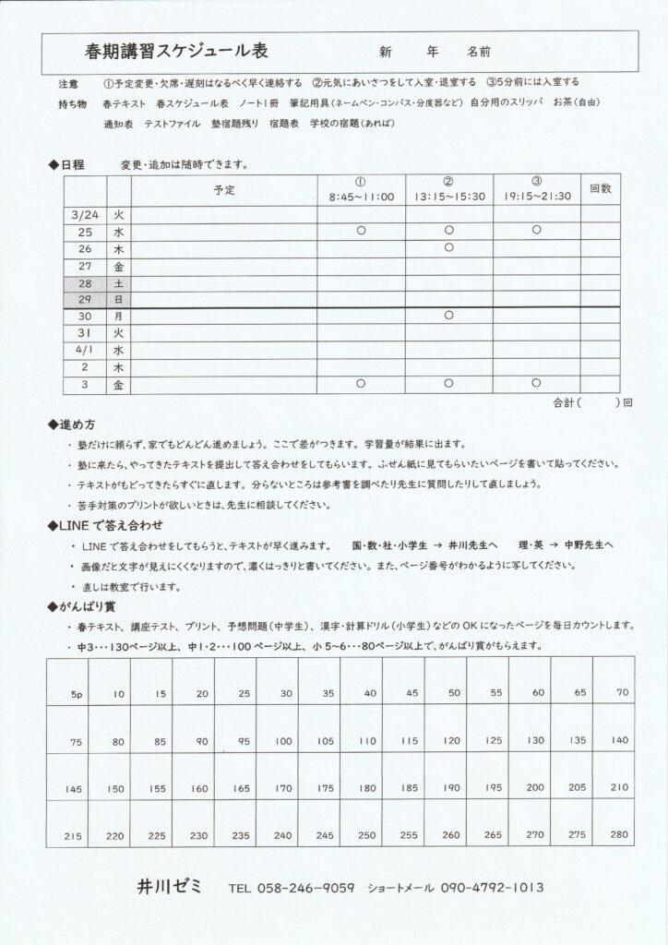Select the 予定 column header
click(x=224, y=189)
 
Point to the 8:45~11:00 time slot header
click(x=361, y=197)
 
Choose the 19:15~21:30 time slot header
click(x=537, y=197)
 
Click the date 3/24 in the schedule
click(x=84, y=214)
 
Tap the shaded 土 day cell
click(x=119, y=283)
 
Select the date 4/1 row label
click(x=84, y=351)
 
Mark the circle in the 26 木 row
click(x=448, y=248)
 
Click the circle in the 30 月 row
click(x=448, y=316)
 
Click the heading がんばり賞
click(x=89, y=606)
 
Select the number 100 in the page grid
click(x=284, y=741)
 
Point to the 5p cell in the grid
click(x=77, y=693)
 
